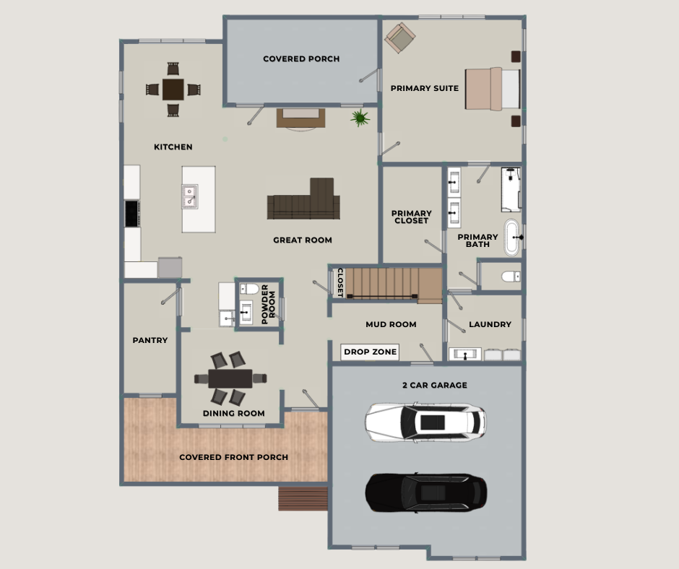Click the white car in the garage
[x=425, y=422]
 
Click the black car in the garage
[x=426, y=492]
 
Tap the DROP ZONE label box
[x=370, y=352]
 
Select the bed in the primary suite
[x=493, y=89]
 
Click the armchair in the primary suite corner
[x=400, y=38]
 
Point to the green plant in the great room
[x=360, y=118]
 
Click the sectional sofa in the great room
[x=303, y=199]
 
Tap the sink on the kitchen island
[x=189, y=196]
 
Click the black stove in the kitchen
[x=132, y=213]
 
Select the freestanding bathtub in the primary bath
[x=512, y=238]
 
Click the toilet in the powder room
[x=249, y=288]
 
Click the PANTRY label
[x=150, y=340]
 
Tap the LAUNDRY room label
[x=490, y=324]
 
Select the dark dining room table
[x=230, y=378]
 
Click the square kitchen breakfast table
[x=173, y=90]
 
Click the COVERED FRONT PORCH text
[x=233, y=457]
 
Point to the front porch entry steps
[x=303, y=498]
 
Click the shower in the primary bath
[x=511, y=190]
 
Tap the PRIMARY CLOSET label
[x=412, y=217]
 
